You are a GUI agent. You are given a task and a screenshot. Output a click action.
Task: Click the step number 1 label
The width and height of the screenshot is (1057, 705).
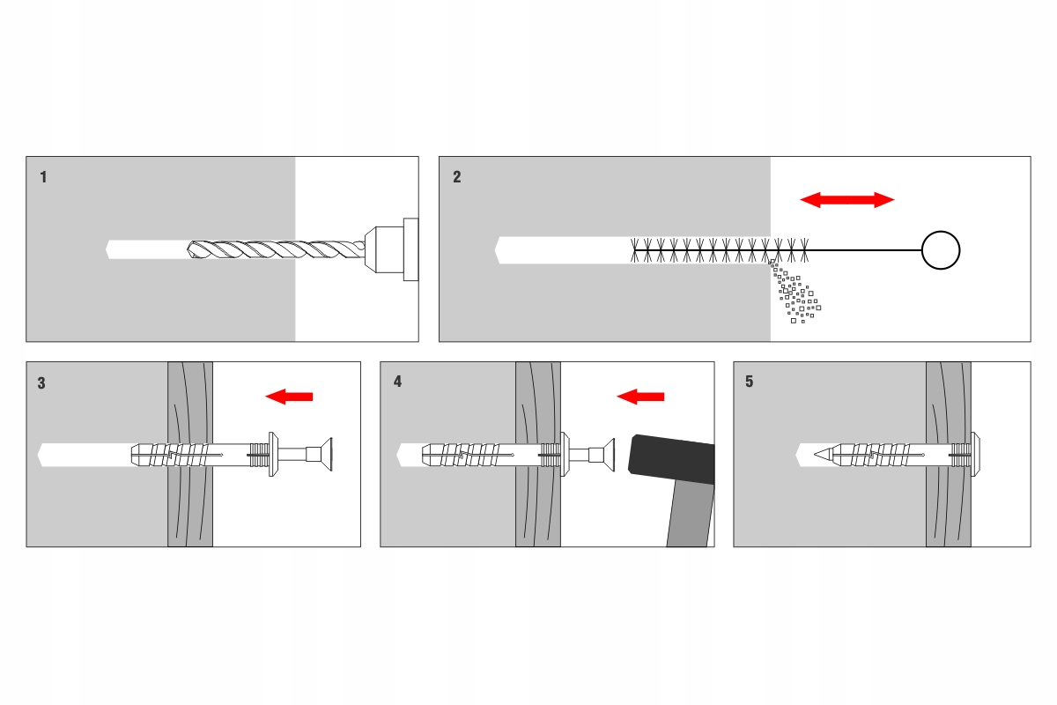point(44,177)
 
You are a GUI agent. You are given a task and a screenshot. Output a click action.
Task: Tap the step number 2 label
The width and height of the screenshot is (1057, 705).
point(456,177)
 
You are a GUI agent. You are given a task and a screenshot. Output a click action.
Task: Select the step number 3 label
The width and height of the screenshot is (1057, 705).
point(42,383)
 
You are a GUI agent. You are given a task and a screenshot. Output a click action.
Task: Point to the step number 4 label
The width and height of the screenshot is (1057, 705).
point(397,382)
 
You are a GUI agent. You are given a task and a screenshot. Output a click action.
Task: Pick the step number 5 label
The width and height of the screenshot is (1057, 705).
point(750,382)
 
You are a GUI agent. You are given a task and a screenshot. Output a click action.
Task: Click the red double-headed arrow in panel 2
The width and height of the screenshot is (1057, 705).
point(846,200)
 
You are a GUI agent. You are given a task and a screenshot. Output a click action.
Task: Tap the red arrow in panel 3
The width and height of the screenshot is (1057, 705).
point(289,397)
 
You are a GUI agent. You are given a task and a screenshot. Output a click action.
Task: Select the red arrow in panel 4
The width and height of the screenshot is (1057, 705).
point(640,397)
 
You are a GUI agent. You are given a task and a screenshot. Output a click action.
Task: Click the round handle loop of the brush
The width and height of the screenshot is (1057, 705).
point(940,250)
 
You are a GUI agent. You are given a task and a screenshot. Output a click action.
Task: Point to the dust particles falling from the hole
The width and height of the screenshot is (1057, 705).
point(795,295)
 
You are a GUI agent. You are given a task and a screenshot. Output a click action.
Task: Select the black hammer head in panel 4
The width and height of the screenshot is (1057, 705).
point(669,459)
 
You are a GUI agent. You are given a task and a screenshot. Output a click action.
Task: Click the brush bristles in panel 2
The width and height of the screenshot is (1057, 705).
point(718,250)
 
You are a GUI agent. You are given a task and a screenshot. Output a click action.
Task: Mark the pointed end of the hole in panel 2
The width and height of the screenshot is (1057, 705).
point(499,250)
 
